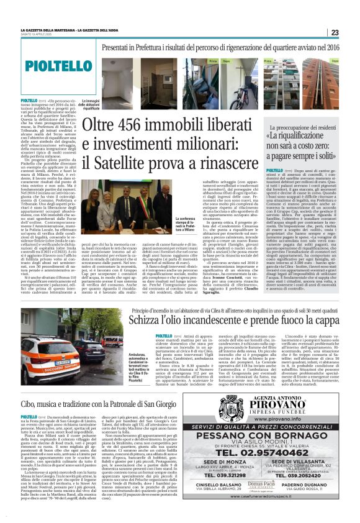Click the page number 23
pos(334,33)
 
